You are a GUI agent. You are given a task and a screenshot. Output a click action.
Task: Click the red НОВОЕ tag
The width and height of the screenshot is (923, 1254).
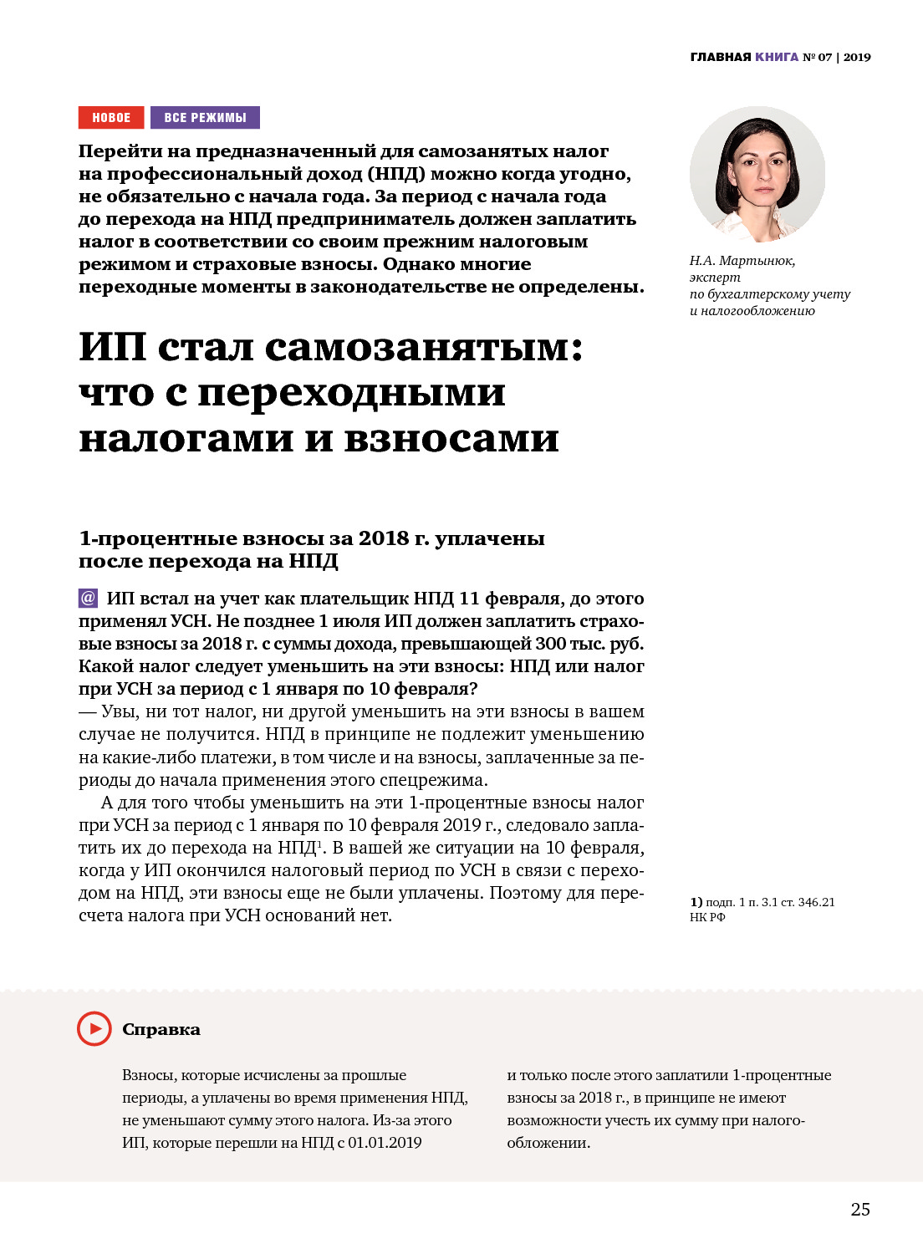[x=111, y=118]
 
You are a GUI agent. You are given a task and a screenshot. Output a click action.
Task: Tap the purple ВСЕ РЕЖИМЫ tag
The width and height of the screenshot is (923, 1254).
[x=205, y=118]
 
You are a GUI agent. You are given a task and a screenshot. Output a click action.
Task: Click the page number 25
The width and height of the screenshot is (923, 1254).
[x=860, y=1210]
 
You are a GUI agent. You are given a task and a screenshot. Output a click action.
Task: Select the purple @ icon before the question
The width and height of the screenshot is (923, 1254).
[x=89, y=599]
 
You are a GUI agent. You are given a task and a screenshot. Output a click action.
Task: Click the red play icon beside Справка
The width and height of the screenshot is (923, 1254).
[x=94, y=1028]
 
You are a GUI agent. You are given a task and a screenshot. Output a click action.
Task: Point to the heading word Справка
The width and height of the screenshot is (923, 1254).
[x=161, y=1029]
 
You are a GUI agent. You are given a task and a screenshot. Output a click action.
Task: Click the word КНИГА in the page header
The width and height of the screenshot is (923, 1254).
[x=777, y=57]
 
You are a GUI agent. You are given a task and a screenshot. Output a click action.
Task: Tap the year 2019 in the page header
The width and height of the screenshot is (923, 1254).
[x=857, y=57]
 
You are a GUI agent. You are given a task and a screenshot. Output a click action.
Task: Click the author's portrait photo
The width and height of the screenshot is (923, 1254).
[x=757, y=174]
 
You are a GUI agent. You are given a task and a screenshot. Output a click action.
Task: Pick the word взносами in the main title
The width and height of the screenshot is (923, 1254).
[x=451, y=438]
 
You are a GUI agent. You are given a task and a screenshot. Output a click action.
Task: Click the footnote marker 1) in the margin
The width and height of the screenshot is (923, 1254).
[x=696, y=902]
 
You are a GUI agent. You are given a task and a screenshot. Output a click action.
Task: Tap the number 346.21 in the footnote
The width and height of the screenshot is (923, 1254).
[x=816, y=902]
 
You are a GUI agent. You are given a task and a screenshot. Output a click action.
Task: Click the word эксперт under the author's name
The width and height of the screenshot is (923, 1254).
[x=715, y=278]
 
